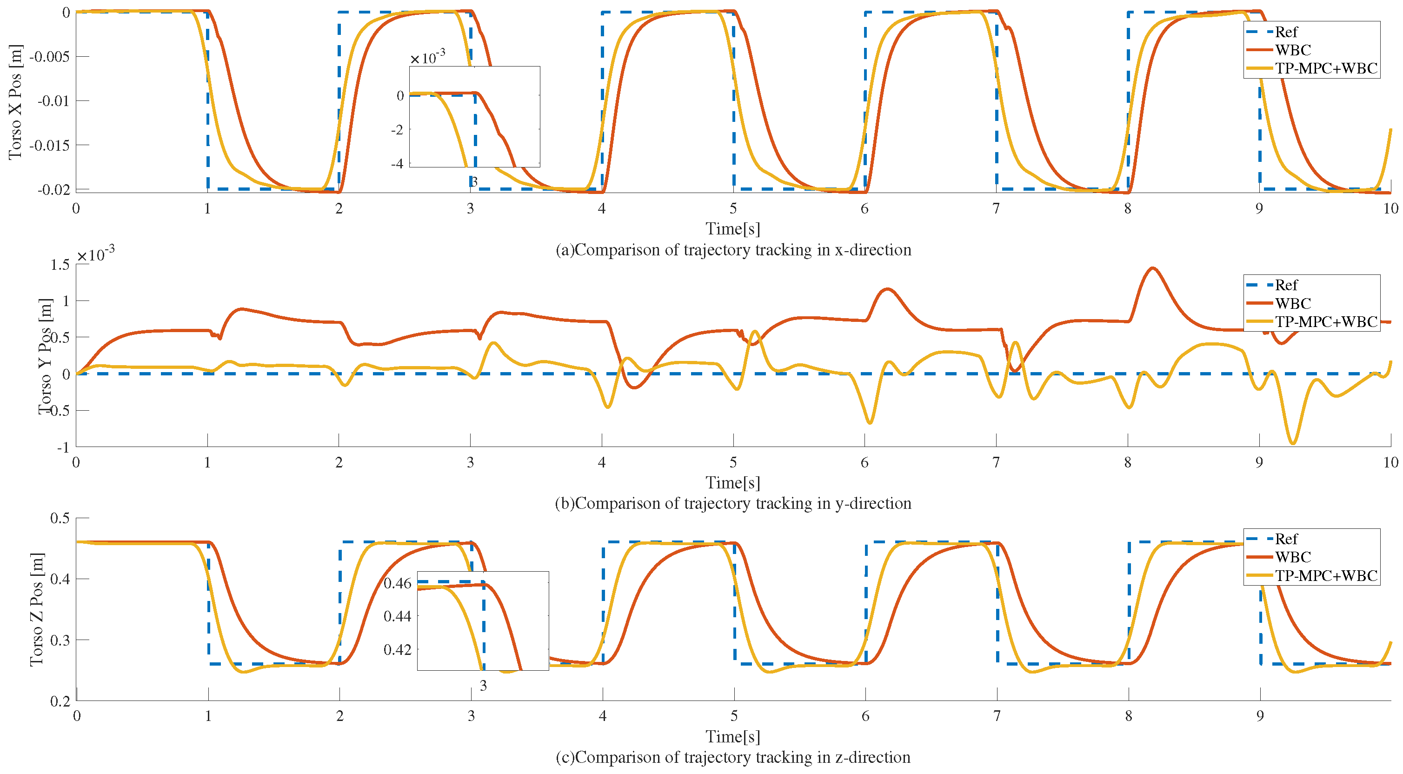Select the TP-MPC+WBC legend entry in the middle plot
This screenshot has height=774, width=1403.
coord(1325,322)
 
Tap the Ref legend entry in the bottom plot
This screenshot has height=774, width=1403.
coord(1286,539)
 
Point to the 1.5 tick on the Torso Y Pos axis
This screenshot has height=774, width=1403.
coord(60,265)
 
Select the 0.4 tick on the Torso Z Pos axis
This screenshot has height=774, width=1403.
coord(60,579)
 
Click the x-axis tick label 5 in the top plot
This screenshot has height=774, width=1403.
coord(733,208)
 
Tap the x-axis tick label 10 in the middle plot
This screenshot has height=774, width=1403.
coord(1390,462)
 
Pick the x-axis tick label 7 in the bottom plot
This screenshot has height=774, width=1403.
coord(997,716)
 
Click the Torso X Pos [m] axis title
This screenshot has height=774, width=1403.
coord(15,102)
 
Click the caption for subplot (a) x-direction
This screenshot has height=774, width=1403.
coord(733,250)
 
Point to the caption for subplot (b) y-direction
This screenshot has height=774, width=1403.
coord(733,503)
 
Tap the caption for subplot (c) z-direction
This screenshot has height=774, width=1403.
coord(733,757)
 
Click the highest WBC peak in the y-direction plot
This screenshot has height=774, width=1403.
coord(1152,268)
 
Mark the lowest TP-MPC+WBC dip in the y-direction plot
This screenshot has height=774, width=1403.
coord(1293,443)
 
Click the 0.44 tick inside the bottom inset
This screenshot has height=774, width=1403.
coord(397,616)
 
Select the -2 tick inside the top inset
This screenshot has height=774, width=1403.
coord(397,130)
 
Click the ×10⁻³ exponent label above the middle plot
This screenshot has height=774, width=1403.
coord(95,254)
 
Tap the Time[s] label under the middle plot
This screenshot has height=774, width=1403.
coord(732,483)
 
